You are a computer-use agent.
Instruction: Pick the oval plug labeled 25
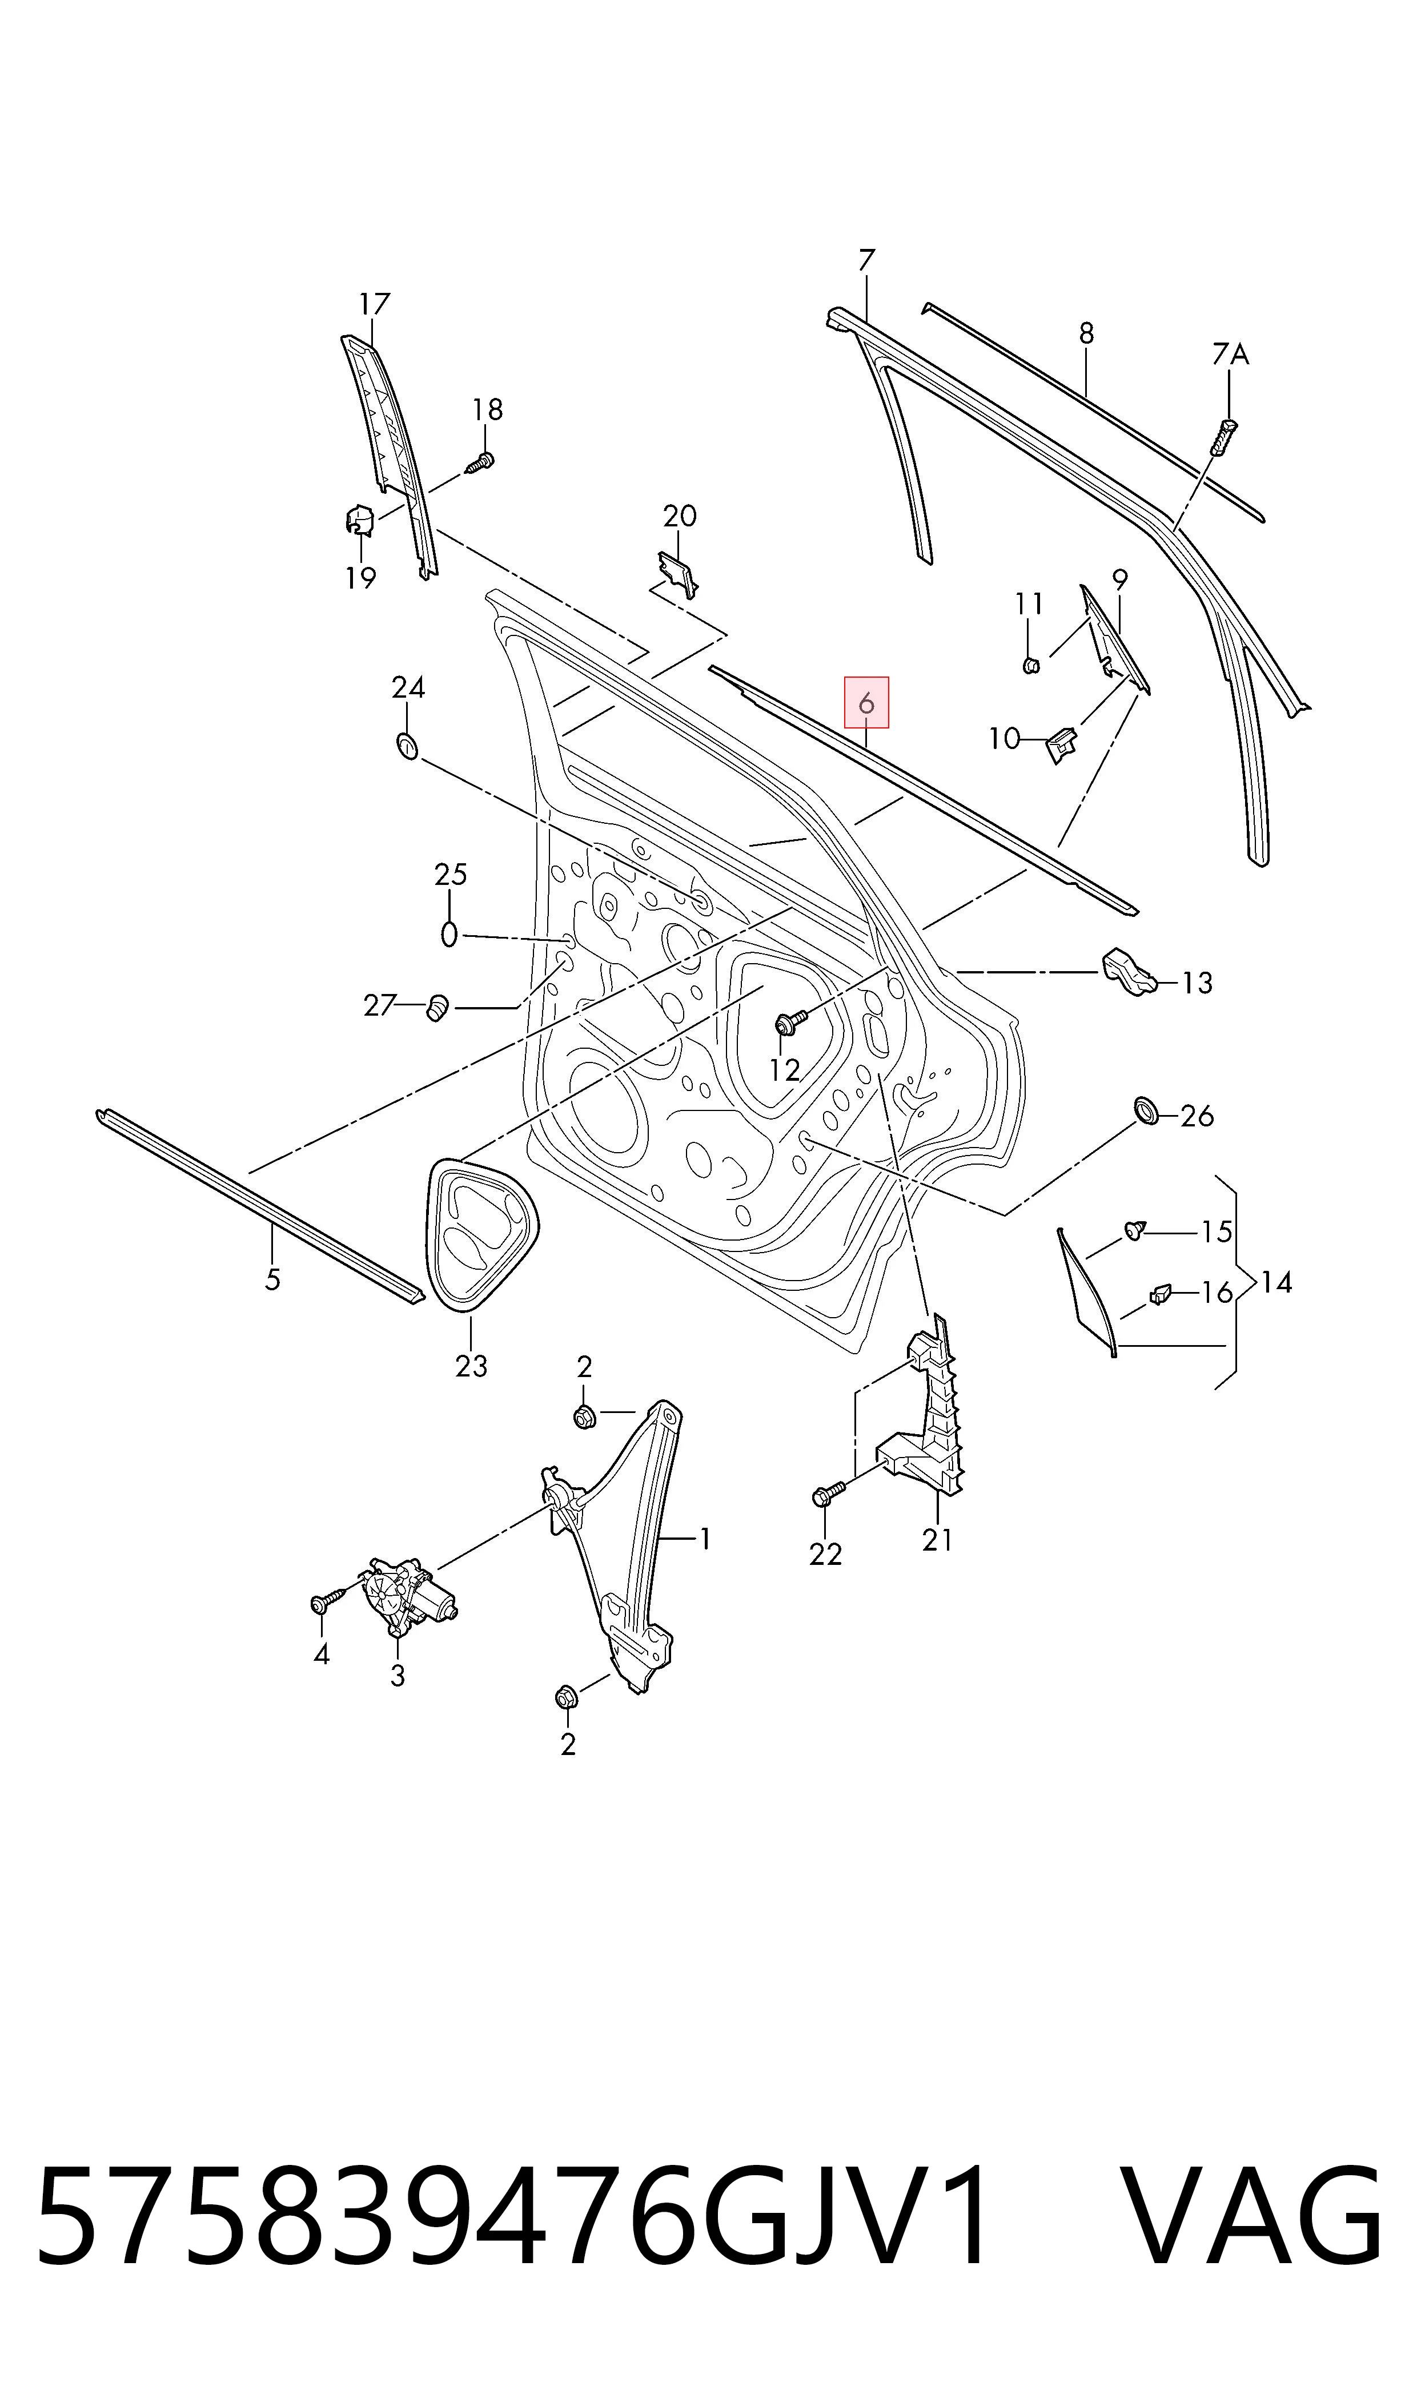point(449,933)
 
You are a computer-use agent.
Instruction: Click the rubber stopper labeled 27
point(437,1007)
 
